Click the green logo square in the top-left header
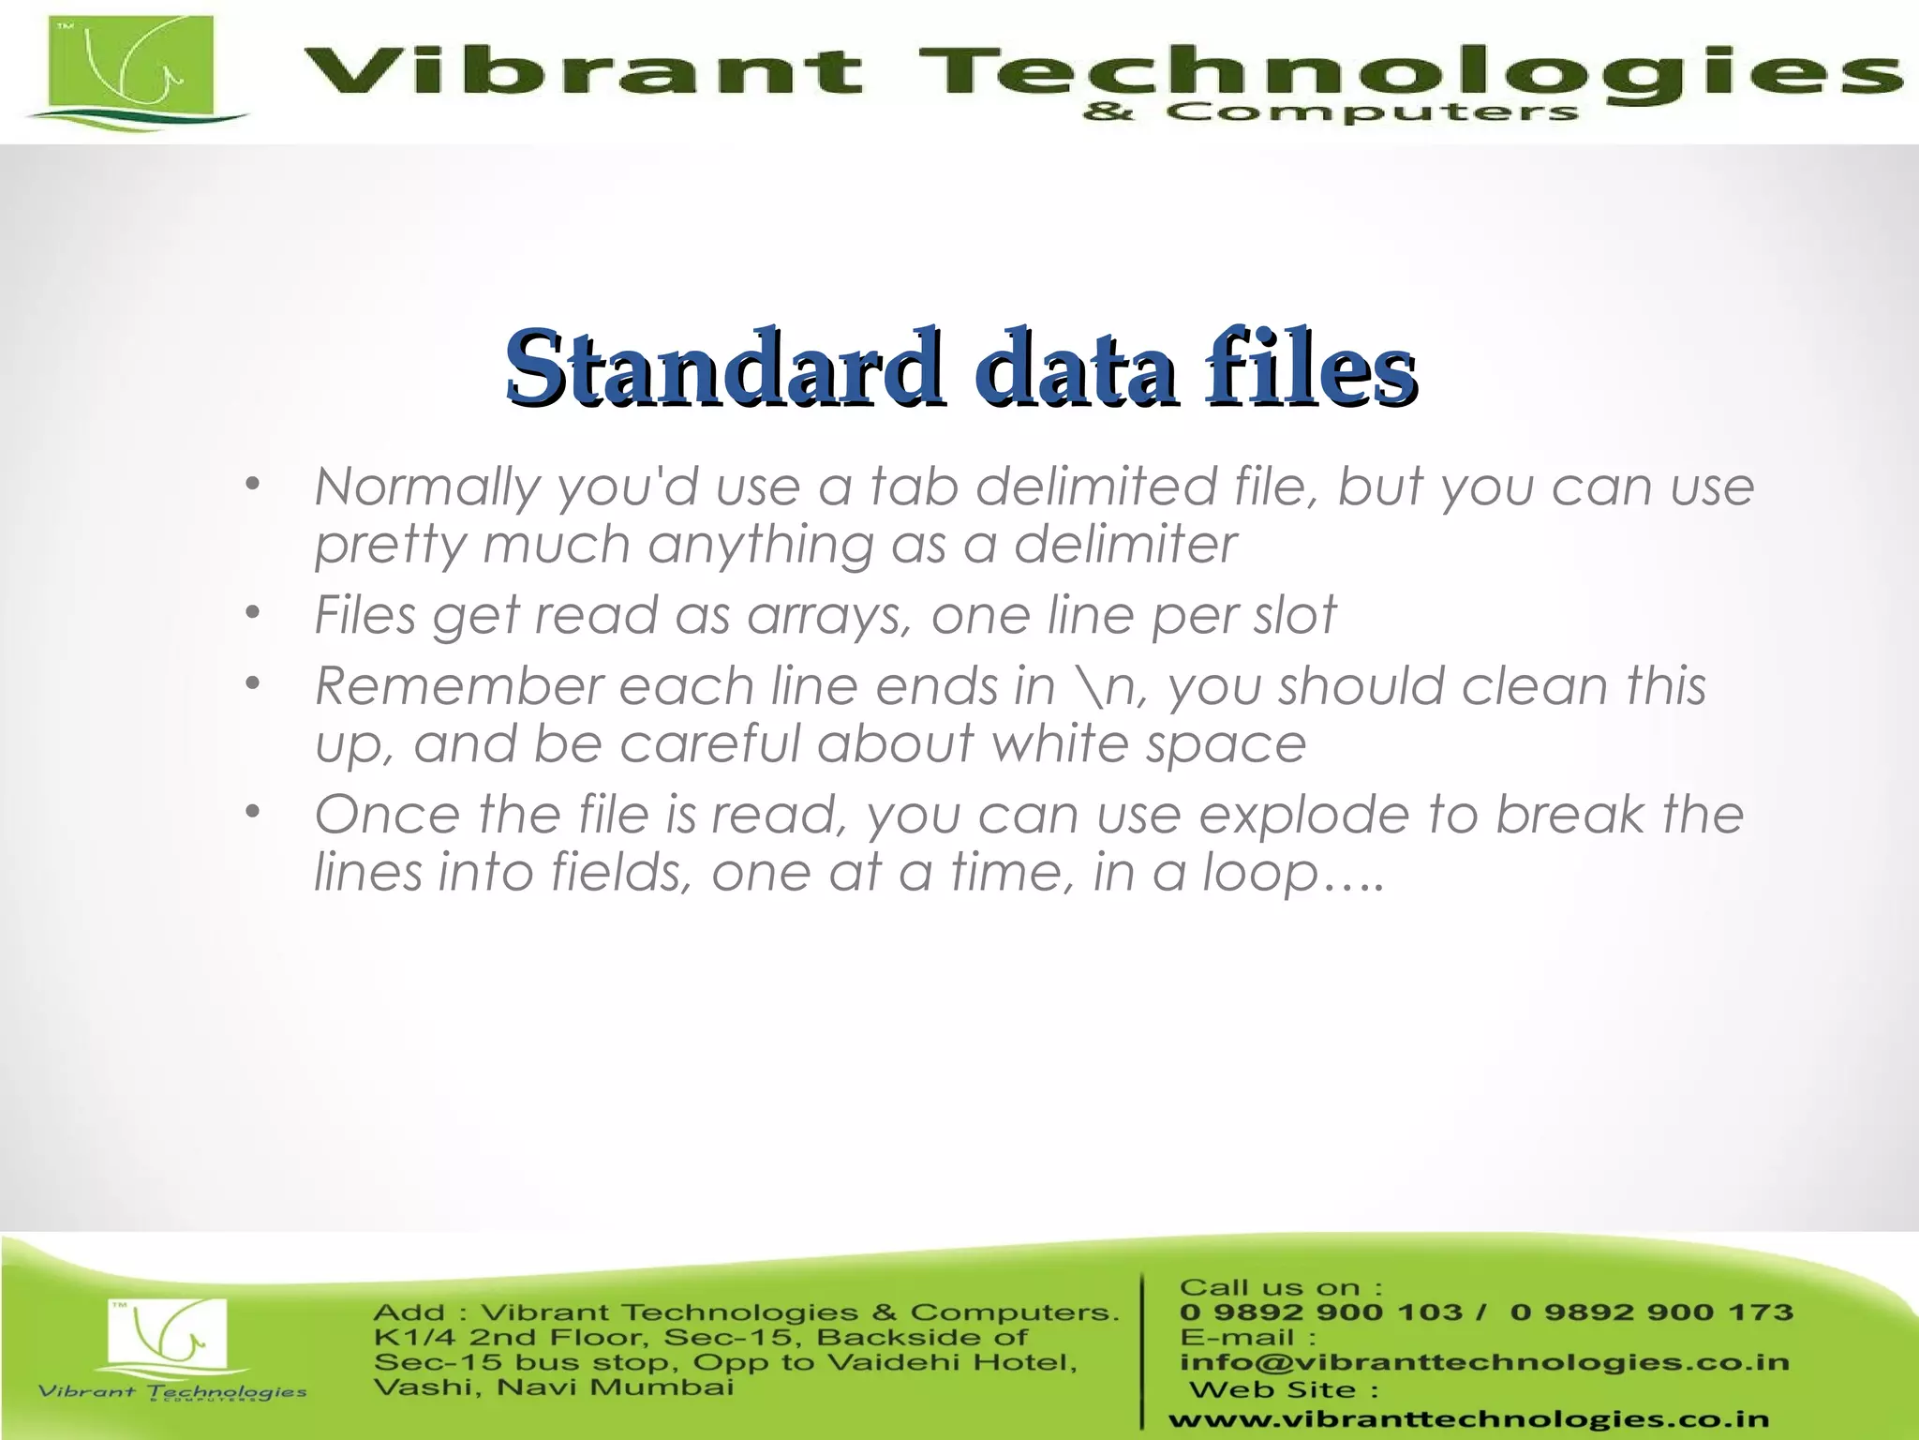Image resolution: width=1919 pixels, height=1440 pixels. click(130, 66)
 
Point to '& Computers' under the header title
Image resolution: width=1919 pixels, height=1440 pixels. click(1331, 112)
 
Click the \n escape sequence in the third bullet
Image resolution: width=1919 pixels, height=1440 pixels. click(1108, 686)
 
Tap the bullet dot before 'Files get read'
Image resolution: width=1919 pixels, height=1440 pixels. click(251, 614)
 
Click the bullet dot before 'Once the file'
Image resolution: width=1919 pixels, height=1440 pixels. click(251, 812)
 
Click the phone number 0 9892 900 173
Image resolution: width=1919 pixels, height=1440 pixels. click(1651, 1312)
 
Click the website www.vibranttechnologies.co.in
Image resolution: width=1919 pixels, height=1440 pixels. click(1468, 1419)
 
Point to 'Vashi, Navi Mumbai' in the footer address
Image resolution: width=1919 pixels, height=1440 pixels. click(553, 1387)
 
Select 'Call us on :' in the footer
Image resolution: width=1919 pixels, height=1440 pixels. click(1280, 1287)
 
